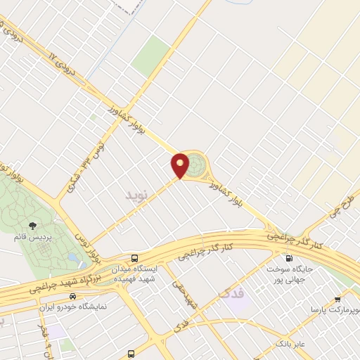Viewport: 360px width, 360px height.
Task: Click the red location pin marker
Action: (x=181, y=165)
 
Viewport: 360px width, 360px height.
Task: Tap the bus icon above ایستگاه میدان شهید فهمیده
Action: (x=134, y=258)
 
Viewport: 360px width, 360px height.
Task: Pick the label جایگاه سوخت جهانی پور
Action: (x=293, y=274)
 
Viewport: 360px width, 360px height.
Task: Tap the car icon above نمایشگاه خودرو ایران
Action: (x=72, y=297)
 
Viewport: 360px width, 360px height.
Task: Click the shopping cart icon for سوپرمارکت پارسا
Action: (x=338, y=298)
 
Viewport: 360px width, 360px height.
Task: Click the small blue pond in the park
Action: (x=72, y=257)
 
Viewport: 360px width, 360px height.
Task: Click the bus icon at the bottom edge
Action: (x=131, y=354)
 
